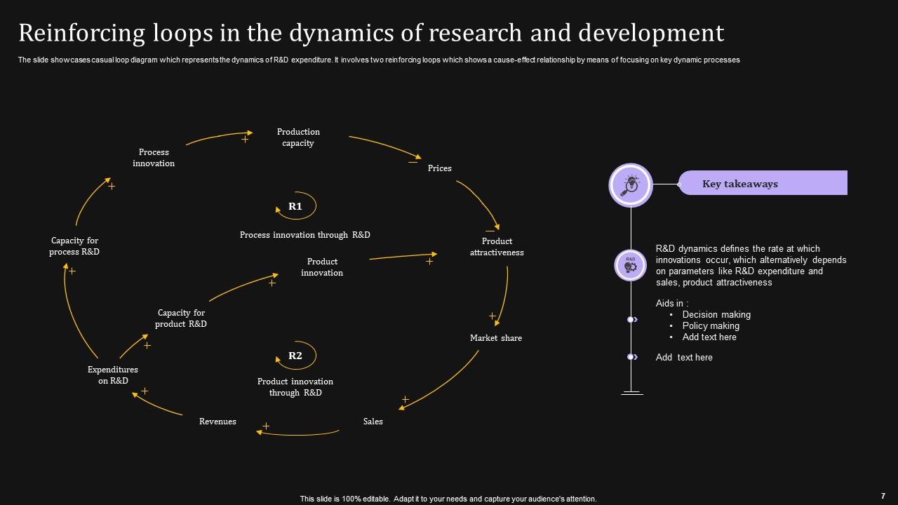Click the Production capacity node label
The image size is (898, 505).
coord(298,137)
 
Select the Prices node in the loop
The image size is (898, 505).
coord(440,168)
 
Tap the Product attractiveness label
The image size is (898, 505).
coord(497,247)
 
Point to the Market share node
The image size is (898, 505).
coord(496,338)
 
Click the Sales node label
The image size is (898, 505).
coord(373,422)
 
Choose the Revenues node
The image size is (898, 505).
coord(217,422)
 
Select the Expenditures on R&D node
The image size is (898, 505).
coord(113,375)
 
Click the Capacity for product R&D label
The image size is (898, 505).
coord(181,318)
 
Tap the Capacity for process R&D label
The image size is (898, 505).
coord(74,246)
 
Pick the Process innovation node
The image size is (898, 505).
coord(154,158)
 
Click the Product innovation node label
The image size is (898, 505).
coord(322,267)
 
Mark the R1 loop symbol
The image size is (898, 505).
coord(295,206)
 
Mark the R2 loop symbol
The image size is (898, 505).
coord(295,356)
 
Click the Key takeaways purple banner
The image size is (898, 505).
coord(763,183)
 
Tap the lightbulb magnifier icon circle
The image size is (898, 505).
coord(631,185)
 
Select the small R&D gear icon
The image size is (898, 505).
coord(631,264)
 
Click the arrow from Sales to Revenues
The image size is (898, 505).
coord(298,434)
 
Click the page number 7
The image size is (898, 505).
coord(883,495)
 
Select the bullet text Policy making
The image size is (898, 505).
coord(711,326)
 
